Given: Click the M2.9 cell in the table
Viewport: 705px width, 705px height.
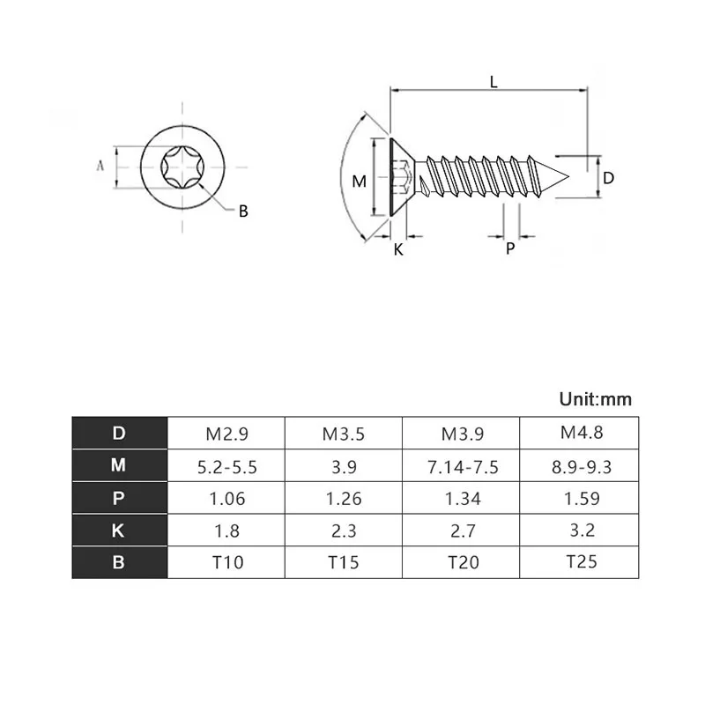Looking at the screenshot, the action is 226,434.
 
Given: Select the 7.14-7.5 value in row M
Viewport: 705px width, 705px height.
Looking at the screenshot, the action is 463,467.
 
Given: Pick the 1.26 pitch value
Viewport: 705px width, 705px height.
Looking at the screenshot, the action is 343,499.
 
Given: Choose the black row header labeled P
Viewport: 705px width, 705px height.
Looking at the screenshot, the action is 119,499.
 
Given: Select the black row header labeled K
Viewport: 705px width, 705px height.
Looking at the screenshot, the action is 119,531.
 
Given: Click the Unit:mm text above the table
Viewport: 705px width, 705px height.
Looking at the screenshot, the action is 596,399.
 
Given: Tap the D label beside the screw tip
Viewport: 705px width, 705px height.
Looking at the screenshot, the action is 608,178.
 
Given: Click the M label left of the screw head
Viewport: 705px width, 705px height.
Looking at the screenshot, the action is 359,182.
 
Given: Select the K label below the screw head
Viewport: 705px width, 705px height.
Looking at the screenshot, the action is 398,249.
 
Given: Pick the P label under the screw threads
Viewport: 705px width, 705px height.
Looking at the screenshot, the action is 510,249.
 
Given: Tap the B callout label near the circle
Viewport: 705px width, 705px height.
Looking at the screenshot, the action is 244,211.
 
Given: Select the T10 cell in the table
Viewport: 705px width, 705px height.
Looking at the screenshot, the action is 226,561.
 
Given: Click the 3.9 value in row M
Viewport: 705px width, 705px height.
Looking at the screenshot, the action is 343,467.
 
